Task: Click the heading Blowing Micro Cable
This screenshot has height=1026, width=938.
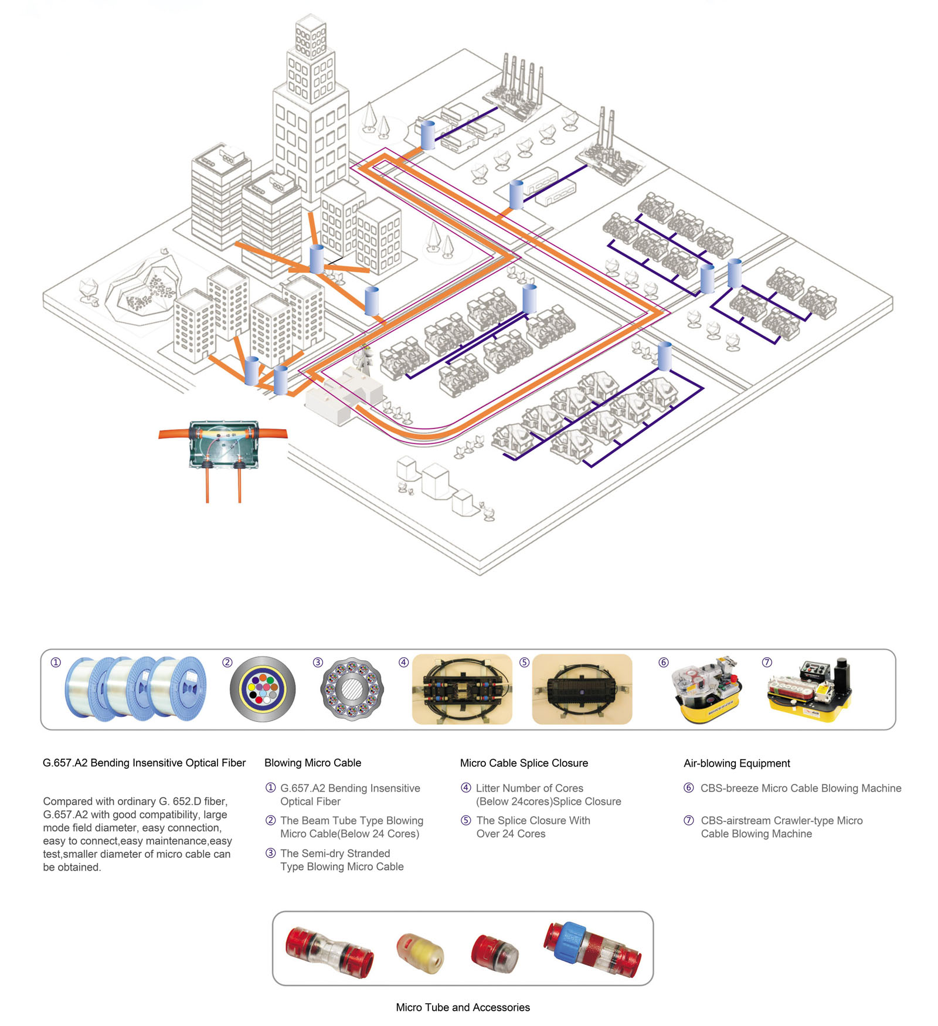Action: (312, 763)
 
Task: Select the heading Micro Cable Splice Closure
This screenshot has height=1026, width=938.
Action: (524, 763)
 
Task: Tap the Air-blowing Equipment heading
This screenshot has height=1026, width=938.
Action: (736, 763)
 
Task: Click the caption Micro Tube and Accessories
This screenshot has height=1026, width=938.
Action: (463, 1007)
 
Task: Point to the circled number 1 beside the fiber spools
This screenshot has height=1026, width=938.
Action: (56, 663)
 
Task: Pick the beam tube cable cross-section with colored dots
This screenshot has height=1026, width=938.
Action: (263, 689)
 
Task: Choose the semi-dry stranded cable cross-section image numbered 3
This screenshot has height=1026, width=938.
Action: (352, 689)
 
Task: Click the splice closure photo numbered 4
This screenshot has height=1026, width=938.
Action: (462, 689)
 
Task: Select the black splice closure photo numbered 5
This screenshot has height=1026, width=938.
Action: (582, 689)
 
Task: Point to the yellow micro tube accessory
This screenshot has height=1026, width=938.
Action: (420, 952)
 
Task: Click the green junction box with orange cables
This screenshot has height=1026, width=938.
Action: (223, 444)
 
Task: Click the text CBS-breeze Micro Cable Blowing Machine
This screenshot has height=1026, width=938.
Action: (800, 789)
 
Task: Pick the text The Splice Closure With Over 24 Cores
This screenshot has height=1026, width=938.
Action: (532, 827)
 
